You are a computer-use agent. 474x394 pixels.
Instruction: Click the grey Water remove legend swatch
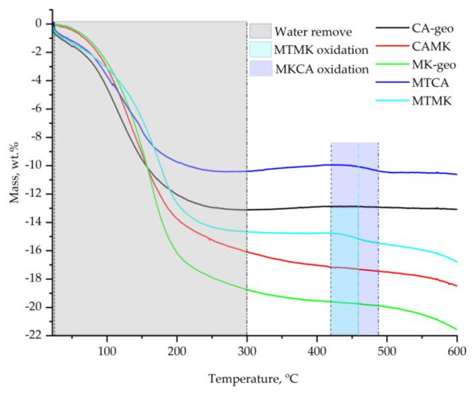click(x=260, y=31)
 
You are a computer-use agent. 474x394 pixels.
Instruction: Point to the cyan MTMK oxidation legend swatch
click(x=260, y=50)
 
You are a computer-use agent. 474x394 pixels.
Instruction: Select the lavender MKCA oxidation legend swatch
click(x=260, y=68)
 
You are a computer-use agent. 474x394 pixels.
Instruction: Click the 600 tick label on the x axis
click(x=457, y=351)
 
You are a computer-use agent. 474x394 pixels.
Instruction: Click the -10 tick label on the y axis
click(x=36, y=165)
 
